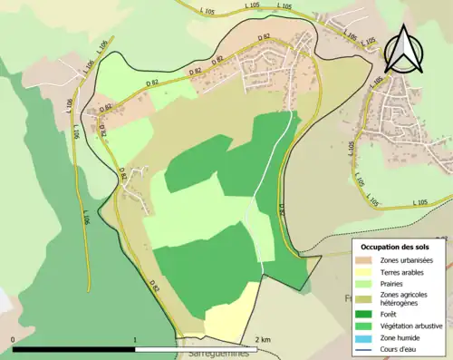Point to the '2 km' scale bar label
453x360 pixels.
pos(264,339)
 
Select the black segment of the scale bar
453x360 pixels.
pos(73,348)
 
